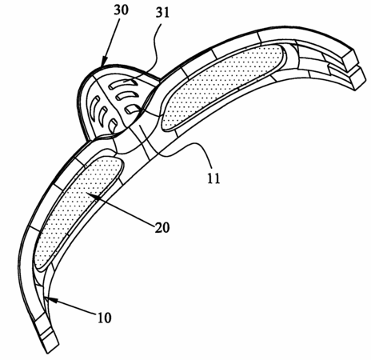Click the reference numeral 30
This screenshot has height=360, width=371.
coord(121,10)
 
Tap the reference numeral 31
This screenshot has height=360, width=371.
coord(162,12)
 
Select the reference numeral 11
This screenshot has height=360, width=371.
coord(213,178)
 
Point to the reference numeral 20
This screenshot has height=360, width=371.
coord(162,227)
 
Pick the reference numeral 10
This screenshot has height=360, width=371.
coord(104,318)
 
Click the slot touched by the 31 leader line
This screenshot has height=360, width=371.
coord(123,84)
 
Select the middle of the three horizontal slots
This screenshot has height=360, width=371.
coord(127,95)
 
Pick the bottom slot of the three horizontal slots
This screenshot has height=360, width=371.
coord(132,109)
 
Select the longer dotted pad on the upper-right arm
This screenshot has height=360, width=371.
coord(221,86)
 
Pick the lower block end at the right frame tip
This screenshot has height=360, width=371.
coord(357,78)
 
